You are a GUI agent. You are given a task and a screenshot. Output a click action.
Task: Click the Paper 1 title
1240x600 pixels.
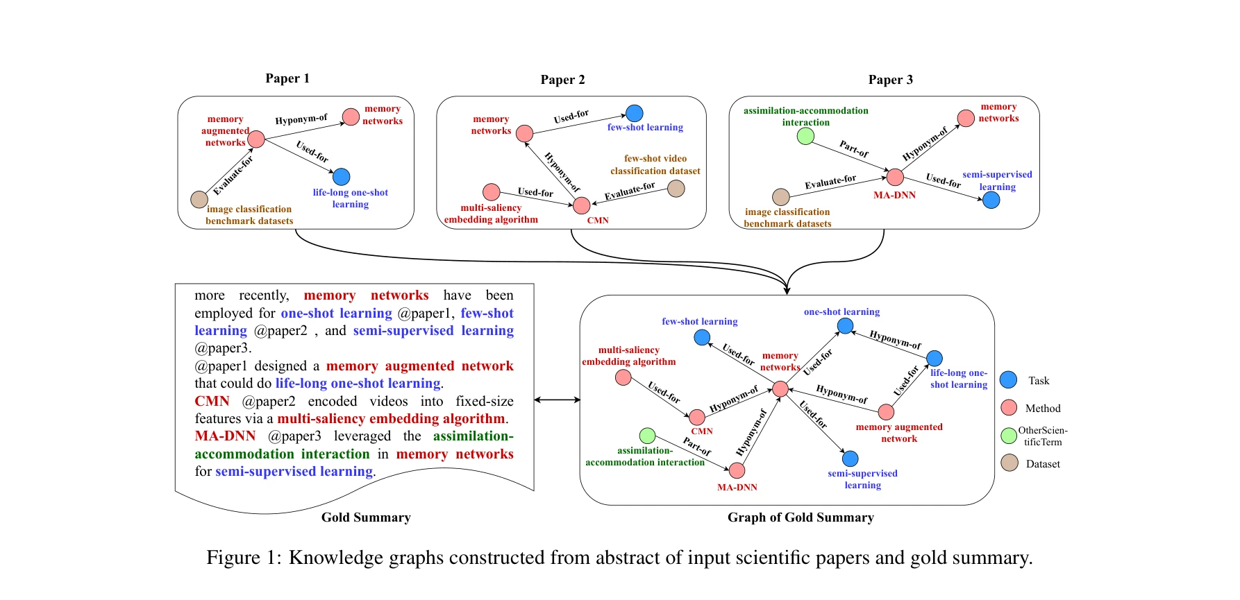287,78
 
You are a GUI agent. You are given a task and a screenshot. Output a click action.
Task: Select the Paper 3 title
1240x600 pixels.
890,80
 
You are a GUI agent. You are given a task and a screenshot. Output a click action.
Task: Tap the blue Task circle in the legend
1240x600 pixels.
1008,379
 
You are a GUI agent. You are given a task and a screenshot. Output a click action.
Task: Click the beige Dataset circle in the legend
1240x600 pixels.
1009,463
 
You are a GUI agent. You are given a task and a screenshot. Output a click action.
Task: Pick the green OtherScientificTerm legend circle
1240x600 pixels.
1009,436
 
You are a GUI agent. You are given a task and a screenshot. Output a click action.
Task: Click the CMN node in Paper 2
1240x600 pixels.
582,205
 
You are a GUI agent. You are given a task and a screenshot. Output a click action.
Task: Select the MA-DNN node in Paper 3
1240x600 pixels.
895,177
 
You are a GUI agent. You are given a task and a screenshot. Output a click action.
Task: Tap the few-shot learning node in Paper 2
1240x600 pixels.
635,113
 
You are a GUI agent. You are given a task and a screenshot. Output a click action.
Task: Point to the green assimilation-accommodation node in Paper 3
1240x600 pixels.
805,136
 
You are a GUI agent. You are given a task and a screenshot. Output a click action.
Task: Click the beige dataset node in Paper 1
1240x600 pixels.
199,200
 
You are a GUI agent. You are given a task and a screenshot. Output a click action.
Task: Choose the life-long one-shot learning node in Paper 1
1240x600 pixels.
342,177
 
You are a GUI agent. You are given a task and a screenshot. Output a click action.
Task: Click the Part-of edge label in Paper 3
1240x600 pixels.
853,148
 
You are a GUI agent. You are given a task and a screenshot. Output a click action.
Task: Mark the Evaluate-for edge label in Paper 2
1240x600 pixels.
630,191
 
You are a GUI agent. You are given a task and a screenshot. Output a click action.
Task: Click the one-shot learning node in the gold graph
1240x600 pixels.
845,325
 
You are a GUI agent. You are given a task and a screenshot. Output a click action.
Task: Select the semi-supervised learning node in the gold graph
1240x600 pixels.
850,458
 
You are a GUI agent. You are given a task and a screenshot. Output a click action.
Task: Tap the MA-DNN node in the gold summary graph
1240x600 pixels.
737,470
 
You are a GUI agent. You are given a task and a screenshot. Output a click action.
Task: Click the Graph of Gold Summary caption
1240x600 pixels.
801,517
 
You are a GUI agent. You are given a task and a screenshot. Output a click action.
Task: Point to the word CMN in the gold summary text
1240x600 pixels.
212,401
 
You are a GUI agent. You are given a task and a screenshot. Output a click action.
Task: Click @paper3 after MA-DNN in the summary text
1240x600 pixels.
294,436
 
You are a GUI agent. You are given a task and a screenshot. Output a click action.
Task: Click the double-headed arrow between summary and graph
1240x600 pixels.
557,400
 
